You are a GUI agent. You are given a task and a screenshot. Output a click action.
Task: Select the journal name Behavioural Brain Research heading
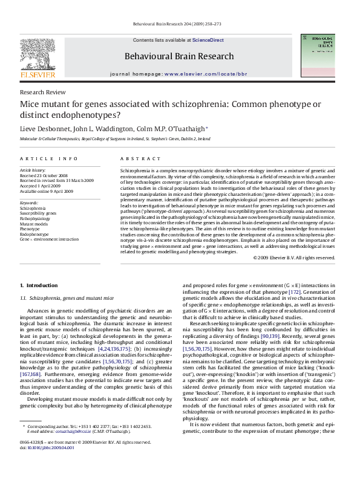[x=178, y=56]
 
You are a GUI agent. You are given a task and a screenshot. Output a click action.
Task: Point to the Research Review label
[x=42, y=92]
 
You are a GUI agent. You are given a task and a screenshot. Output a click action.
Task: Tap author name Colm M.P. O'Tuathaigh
[x=173, y=129]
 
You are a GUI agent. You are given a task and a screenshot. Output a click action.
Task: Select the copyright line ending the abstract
[x=293, y=258]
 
